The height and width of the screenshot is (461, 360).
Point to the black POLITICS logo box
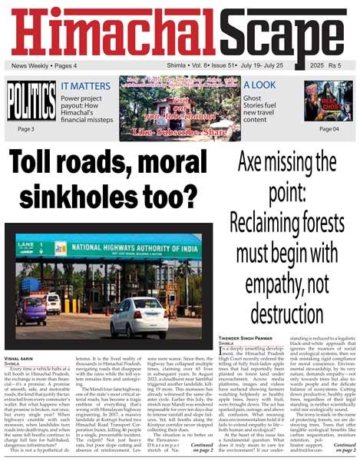(31, 101)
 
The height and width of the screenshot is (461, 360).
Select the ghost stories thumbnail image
(328, 101)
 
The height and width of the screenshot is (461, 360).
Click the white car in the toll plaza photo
(138, 316)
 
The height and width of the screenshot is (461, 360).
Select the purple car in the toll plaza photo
(31, 310)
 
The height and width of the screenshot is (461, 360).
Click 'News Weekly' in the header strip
(30, 66)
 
